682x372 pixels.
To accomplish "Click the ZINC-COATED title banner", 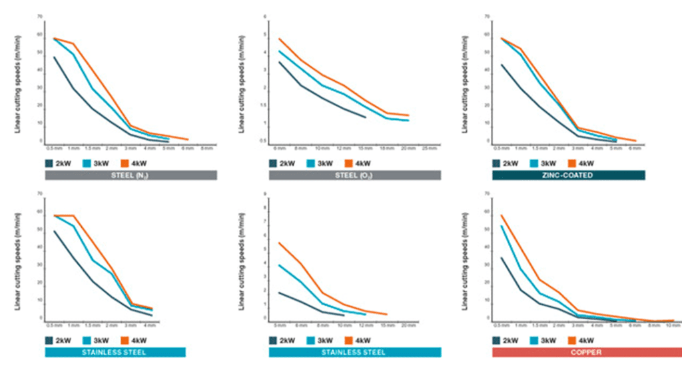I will pyautogui.click(x=568, y=175).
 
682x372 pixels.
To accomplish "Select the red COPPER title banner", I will pyautogui.click(x=568, y=352).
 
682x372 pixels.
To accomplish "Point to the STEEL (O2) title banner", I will pyautogui.click(x=355, y=175).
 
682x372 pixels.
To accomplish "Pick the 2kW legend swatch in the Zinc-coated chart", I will pyautogui.click(x=497, y=163).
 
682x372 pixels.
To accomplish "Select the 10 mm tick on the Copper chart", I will pyautogui.click(x=673, y=325).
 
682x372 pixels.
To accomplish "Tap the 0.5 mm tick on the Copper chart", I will pyautogui.click(x=500, y=325).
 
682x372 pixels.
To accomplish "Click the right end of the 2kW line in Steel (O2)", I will pyautogui.click(x=366, y=117).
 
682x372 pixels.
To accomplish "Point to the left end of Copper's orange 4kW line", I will pyautogui.click(x=501, y=215).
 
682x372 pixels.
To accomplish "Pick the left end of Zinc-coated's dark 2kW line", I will pyautogui.click(x=501, y=65).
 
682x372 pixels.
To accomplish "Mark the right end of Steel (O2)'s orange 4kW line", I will pyautogui.click(x=408, y=115).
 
